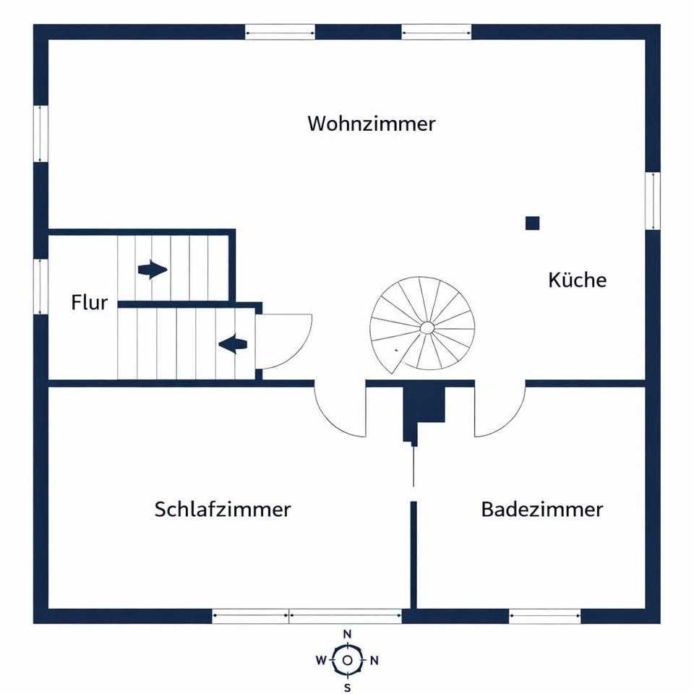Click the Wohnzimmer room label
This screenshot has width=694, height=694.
click(x=372, y=124)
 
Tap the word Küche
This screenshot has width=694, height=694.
click(x=577, y=280)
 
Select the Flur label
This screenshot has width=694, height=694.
click(x=90, y=302)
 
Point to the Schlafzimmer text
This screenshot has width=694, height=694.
click(x=223, y=509)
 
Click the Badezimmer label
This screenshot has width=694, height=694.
click(x=541, y=509)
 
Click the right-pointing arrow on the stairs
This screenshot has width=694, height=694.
click(x=152, y=270)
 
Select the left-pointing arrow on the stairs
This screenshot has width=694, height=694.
click(x=232, y=344)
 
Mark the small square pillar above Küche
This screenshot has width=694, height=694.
click(x=532, y=223)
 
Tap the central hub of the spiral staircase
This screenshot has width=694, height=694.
click(x=427, y=328)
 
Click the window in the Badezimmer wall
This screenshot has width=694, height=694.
click(x=545, y=616)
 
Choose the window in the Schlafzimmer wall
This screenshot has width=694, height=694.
click(x=307, y=616)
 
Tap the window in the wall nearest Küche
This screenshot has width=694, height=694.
click(x=653, y=201)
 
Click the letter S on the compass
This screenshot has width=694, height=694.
click(x=348, y=686)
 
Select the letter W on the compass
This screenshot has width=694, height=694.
click(x=321, y=660)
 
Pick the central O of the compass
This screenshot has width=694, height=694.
click(x=348, y=660)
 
